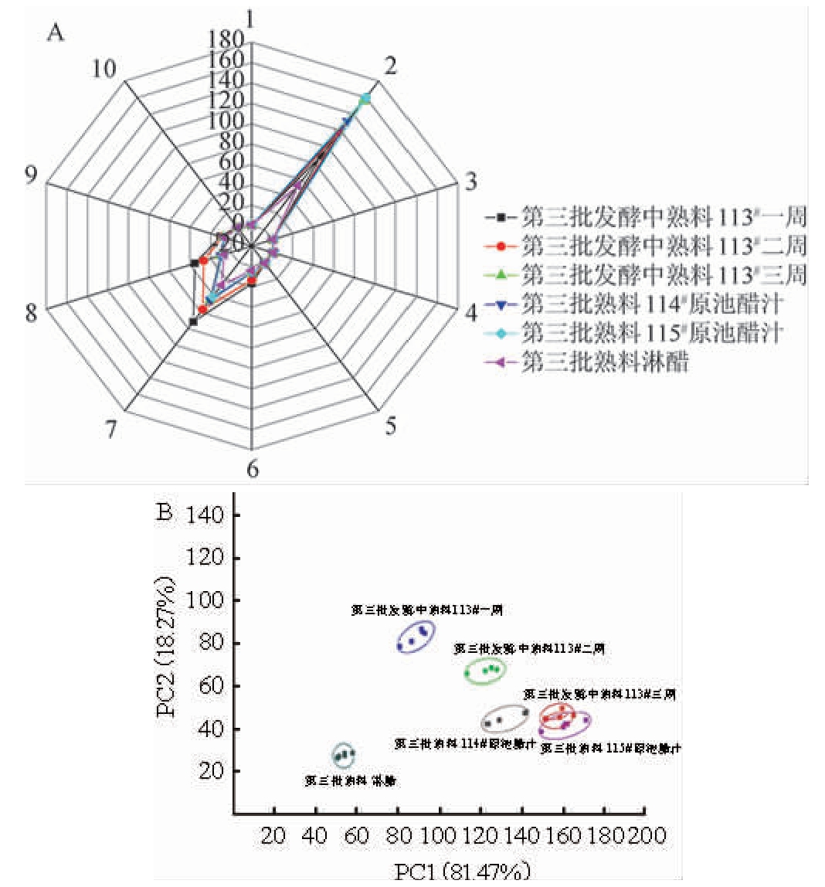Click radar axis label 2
tap(391, 66)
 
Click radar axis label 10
tap(104, 69)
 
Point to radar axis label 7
tap(112, 427)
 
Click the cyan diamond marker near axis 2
tap(365, 98)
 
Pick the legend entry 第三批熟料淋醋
tap(604, 362)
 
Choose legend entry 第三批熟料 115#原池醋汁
tap(651, 333)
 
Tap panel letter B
tap(164, 512)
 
